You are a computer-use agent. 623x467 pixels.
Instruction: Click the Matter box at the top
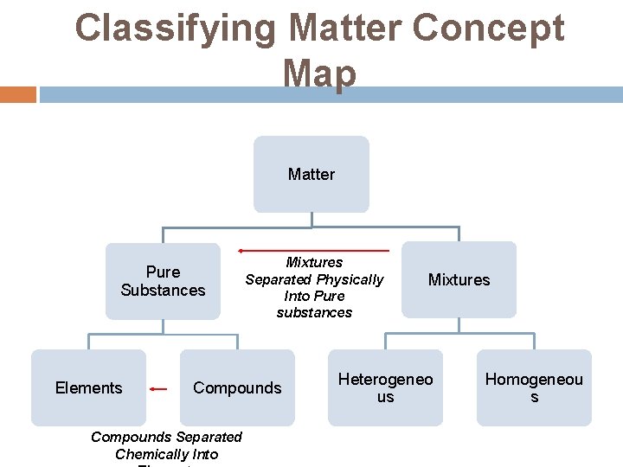point(311,174)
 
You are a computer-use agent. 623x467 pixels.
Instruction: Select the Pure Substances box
point(163,281)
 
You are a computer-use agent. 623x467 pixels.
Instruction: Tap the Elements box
point(88,387)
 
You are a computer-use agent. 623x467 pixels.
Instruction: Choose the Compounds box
point(237,387)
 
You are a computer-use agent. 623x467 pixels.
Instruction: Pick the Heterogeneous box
point(385,387)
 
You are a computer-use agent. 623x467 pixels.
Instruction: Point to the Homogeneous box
point(534,387)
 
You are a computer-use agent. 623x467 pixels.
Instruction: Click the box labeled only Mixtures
point(459,279)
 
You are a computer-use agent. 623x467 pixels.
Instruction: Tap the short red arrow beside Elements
point(157,389)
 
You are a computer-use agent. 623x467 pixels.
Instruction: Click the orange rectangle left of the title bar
point(17,94)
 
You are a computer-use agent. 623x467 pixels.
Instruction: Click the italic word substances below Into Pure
point(314,312)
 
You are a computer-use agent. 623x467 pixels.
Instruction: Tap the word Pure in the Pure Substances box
point(163,272)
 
